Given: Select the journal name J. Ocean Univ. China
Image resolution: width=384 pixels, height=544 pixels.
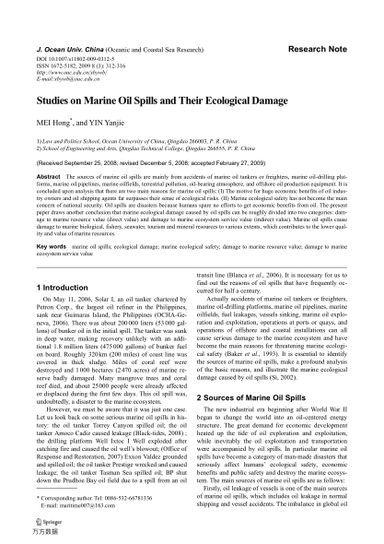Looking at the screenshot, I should click(x=67, y=44).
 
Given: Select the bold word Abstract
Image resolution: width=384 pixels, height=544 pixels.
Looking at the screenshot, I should click(x=48, y=174).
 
